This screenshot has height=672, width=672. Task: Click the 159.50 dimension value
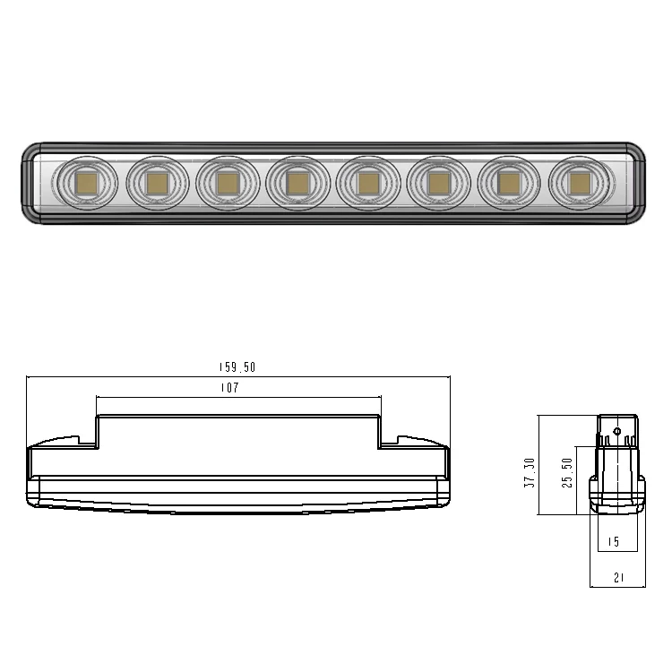(x=237, y=367)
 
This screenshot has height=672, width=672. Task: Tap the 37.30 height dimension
(x=530, y=472)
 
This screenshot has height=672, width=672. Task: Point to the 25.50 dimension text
(x=566, y=474)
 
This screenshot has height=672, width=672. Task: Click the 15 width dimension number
(x=614, y=542)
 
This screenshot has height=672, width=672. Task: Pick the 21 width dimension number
(x=617, y=578)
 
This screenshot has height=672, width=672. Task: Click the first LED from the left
(x=87, y=183)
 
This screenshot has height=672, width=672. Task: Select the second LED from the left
(x=157, y=183)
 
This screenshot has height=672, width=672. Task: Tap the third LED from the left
(x=227, y=183)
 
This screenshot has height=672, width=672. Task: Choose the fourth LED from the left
(x=297, y=183)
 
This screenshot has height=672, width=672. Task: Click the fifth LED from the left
(x=367, y=183)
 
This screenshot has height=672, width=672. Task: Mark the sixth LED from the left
(x=438, y=183)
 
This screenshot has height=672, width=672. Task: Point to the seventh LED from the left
(x=509, y=183)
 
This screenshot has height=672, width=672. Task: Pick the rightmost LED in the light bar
(x=580, y=183)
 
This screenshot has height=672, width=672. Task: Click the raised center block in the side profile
(x=238, y=444)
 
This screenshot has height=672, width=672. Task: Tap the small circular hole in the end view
(x=617, y=431)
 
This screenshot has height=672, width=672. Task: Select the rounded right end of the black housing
(x=638, y=183)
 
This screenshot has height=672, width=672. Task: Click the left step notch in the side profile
(x=89, y=441)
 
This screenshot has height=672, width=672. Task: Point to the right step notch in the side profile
(x=389, y=441)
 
